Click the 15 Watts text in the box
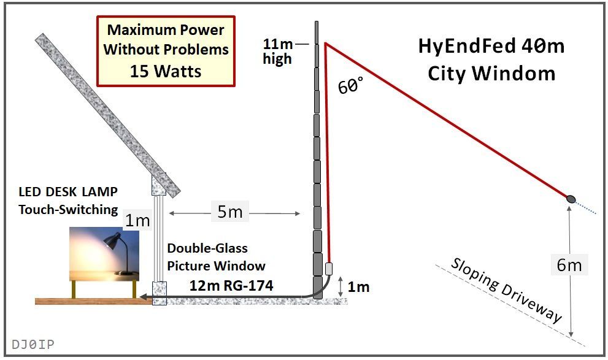coord(166,71)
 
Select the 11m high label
coord(278,52)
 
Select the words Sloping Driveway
coord(506,289)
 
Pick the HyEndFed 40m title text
coord(491,47)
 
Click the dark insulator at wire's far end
coord(571,199)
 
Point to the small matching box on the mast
coord(329,268)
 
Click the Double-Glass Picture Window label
coord(216,257)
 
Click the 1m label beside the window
coord(137,221)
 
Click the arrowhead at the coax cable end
coord(142,298)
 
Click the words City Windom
coord(491,74)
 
